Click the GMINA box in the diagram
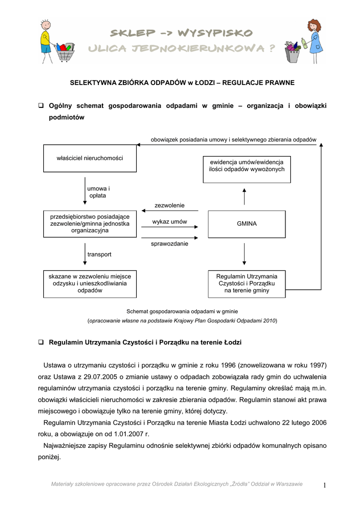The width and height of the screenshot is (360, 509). coord(247,224)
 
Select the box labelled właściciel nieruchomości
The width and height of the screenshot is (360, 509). coord(90,158)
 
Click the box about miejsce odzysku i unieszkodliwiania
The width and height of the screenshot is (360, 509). coord(90,283)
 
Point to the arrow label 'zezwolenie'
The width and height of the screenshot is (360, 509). coord(170,205)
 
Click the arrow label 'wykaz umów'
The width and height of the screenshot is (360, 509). coord(170,222)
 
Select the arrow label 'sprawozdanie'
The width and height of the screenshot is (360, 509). coord(170,244)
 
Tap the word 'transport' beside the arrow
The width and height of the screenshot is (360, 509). coord(99,254)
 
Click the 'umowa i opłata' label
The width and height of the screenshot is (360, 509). coord(98,192)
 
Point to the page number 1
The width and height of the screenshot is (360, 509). coord(324,486)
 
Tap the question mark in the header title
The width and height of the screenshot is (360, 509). coord(271,48)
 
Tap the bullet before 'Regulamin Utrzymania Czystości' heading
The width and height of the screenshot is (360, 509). coord(42,343)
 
